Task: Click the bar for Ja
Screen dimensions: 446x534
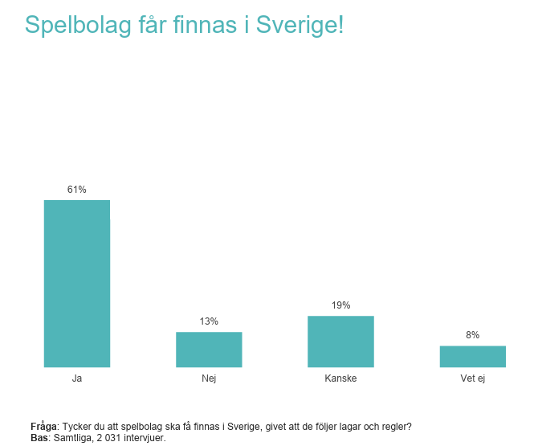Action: pos(76,283)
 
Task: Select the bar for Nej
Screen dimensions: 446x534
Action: pos(209,350)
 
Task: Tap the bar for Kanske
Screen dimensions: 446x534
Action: pos(340,342)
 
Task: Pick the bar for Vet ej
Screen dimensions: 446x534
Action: pos(472,356)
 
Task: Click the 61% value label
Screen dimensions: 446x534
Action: pos(76,190)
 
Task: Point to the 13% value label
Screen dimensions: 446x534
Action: pos(209,321)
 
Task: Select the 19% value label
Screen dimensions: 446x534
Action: pos(340,305)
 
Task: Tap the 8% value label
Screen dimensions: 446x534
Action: pos(472,335)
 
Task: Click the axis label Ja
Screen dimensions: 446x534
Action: pos(76,378)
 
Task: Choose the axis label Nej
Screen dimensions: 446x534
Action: pos(209,378)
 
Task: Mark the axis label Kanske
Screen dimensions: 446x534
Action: pos(340,378)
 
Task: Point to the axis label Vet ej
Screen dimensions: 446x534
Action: pos(472,378)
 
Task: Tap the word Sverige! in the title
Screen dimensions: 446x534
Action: pos(300,25)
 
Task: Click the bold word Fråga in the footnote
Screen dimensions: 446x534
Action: pos(44,427)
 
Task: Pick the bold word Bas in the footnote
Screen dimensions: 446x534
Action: pos(39,438)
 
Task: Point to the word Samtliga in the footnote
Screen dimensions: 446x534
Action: pos(71,438)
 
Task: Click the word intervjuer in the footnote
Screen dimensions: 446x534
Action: pos(142,438)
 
